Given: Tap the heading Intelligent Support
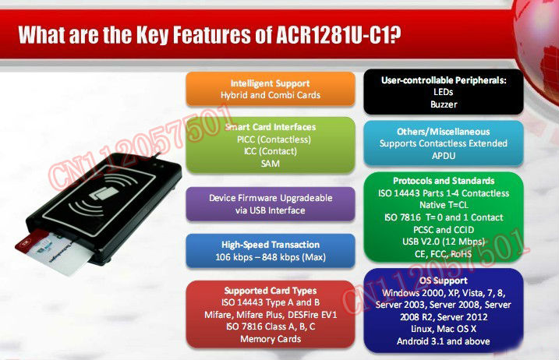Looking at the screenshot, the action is [x=271, y=83].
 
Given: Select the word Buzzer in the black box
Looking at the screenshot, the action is [x=444, y=104].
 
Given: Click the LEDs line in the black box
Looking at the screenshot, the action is [x=443, y=92].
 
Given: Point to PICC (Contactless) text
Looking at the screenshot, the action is [x=274, y=139].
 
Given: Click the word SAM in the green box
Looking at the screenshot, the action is [x=271, y=164].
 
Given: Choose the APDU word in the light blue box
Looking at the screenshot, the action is [x=444, y=156].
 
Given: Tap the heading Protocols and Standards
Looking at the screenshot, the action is [x=444, y=181].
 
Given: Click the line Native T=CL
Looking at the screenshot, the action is [x=444, y=205].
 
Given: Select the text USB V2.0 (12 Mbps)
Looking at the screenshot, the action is [x=444, y=242].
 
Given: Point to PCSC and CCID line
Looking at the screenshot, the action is [x=444, y=230].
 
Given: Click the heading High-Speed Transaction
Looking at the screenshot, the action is [x=271, y=245].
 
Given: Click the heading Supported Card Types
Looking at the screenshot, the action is [x=271, y=291].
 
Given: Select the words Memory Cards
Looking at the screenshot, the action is [x=271, y=339].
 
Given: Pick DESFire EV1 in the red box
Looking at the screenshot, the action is [x=312, y=315].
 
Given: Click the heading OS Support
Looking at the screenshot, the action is [x=443, y=281].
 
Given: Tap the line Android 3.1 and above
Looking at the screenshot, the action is [x=443, y=341].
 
